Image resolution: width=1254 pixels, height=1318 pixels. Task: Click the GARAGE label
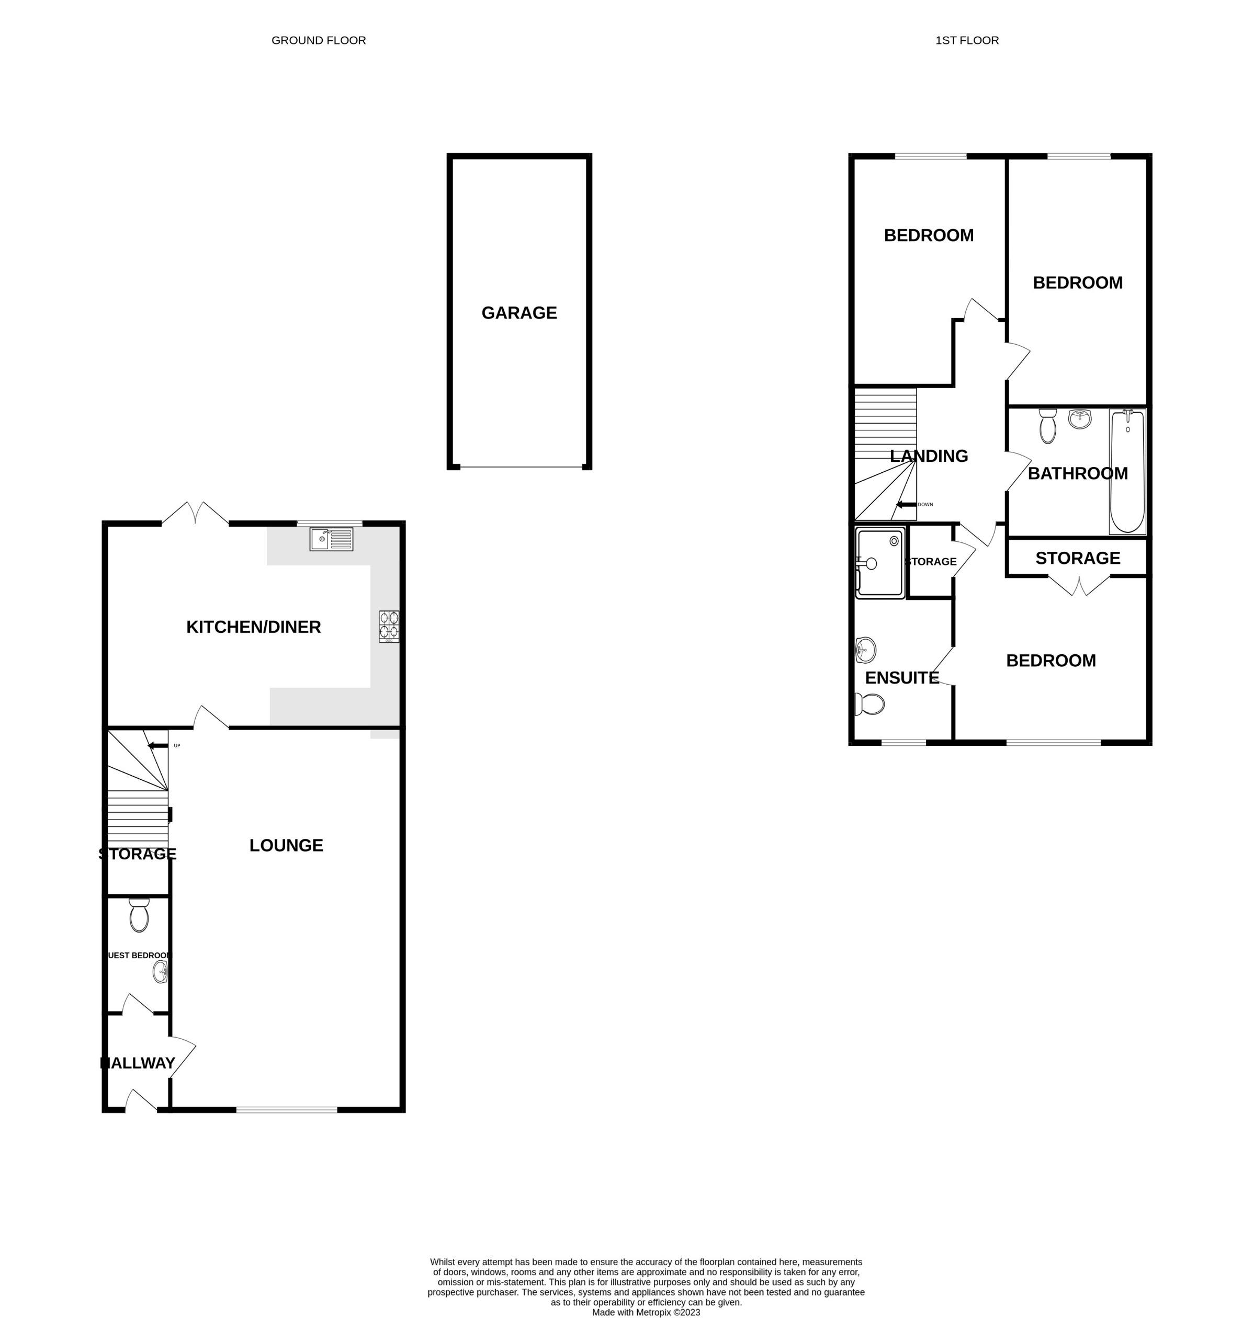[x=519, y=313]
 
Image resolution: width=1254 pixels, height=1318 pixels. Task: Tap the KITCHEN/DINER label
[x=253, y=627]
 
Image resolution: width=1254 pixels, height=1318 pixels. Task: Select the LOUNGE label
[x=286, y=846]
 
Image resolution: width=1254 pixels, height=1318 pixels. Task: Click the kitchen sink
[x=331, y=539]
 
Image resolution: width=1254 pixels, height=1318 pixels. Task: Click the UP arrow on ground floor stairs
[x=158, y=746]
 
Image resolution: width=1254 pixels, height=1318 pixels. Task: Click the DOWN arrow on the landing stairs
[x=907, y=505]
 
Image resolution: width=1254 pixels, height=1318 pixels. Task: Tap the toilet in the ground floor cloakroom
[x=139, y=916]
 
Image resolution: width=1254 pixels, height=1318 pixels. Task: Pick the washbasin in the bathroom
[x=1080, y=419]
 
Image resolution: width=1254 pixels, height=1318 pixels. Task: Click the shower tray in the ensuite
[x=879, y=563]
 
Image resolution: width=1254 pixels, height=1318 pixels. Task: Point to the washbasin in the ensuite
[x=866, y=649]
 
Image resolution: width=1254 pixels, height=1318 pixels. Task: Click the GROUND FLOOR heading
[x=318, y=41]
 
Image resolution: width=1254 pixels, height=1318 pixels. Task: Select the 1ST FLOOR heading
[x=967, y=41]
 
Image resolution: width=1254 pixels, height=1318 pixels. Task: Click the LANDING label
[x=929, y=456]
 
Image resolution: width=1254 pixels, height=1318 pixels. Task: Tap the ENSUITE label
[x=902, y=678]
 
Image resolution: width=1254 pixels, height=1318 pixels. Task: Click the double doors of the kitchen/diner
[x=195, y=513]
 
